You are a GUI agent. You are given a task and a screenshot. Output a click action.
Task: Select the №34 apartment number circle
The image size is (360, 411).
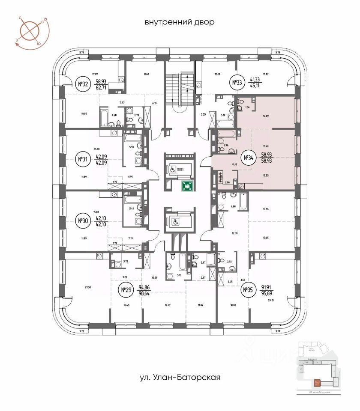coord(248,158)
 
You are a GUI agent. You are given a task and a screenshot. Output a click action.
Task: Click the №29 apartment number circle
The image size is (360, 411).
coord(126,291)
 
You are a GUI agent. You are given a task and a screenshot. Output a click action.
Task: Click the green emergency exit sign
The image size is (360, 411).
coord(187,186)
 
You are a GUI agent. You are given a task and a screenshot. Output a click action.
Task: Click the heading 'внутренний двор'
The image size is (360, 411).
coord(180,22)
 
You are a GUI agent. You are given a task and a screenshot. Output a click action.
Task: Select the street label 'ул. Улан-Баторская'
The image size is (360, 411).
coord(180,378)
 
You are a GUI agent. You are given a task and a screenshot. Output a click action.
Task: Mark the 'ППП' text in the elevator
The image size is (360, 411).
coord(185,169)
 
